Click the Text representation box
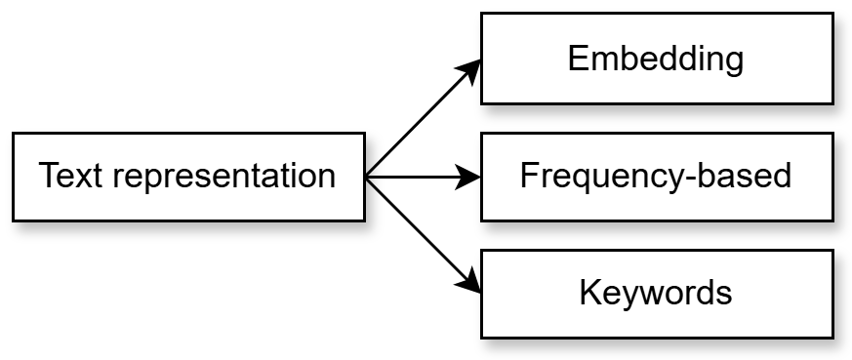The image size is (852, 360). point(188,177)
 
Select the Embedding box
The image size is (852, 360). point(657,60)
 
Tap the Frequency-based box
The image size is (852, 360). point(657,177)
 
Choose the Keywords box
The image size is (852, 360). point(657,293)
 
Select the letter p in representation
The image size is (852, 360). point(153,180)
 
